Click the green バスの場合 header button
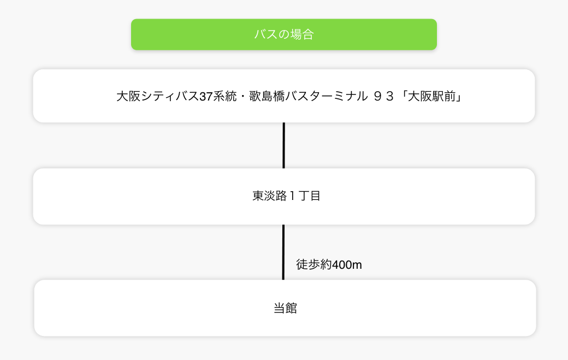click(283, 34)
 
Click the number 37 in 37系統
click(205, 96)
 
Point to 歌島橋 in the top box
click(266, 96)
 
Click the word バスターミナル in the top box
click(326, 96)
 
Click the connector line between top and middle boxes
click(283, 145)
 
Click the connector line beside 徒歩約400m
click(283, 252)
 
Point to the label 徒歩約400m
click(329, 265)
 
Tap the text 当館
click(285, 308)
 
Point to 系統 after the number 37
click(224, 96)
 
